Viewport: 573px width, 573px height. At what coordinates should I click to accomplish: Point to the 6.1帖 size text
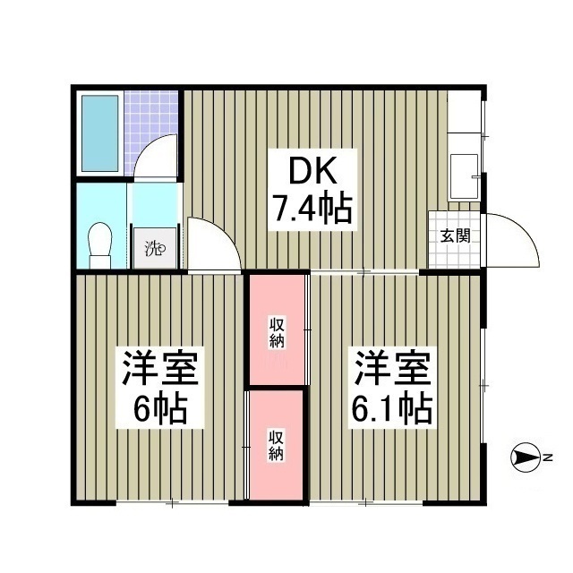coord(393,408)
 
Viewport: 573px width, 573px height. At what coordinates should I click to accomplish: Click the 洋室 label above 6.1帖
coord(394,368)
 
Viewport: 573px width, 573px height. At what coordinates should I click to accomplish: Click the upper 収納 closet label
coord(278,332)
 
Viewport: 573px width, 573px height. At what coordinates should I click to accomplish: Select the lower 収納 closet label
coord(278,444)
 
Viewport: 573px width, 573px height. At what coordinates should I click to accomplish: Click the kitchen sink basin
coord(463,175)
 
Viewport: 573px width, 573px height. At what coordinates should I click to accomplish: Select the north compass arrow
coord(524,459)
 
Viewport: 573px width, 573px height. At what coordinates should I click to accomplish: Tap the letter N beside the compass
coord(548,459)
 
